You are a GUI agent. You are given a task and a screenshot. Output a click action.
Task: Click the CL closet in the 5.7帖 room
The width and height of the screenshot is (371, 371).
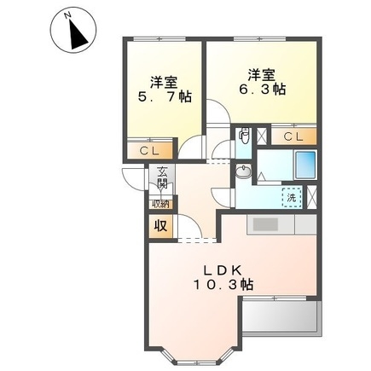[149, 151]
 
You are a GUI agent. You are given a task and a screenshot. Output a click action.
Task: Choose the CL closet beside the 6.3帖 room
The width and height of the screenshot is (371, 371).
[293, 136]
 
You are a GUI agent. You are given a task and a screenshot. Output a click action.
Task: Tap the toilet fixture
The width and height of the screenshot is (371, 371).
[245, 134]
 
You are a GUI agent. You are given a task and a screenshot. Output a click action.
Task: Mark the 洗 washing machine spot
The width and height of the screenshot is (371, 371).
[291, 197]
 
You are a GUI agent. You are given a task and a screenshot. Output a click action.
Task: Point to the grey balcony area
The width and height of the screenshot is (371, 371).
[281, 318]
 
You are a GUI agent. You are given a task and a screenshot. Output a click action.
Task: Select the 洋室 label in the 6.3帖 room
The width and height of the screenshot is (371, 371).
[262, 72]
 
